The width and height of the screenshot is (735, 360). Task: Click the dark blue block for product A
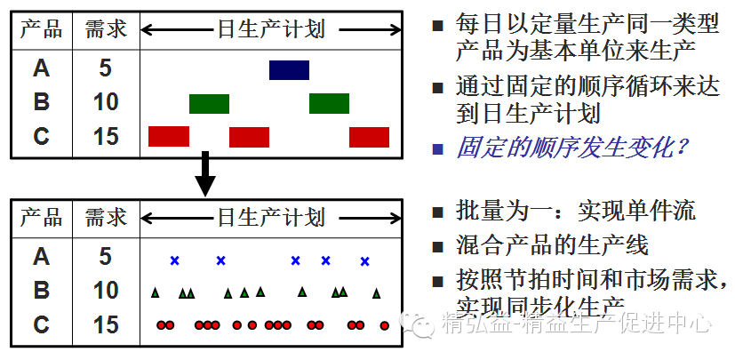click(x=289, y=70)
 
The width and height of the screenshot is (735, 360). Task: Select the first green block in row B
click(x=209, y=104)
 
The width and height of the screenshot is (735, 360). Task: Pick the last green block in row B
click(x=329, y=104)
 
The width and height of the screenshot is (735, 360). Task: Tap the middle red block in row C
click(x=249, y=137)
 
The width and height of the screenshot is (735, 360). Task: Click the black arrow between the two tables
click(x=205, y=174)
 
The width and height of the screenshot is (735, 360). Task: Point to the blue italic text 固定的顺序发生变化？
click(x=573, y=147)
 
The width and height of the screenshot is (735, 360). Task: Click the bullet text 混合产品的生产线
click(x=552, y=245)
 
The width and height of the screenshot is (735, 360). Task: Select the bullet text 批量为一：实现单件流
click(x=575, y=212)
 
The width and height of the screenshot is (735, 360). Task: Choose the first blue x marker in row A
click(x=175, y=260)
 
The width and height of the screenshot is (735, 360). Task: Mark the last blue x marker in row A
click(x=364, y=260)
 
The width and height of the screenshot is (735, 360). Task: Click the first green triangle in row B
click(x=156, y=292)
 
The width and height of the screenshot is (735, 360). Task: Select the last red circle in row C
click(x=384, y=325)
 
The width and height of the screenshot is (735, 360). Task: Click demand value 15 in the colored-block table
click(x=106, y=137)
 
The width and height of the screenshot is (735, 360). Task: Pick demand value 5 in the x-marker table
click(x=106, y=258)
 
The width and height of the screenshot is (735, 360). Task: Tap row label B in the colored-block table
click(x=42, y=102)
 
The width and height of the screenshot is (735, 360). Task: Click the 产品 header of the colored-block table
click(x=42, y=29)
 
